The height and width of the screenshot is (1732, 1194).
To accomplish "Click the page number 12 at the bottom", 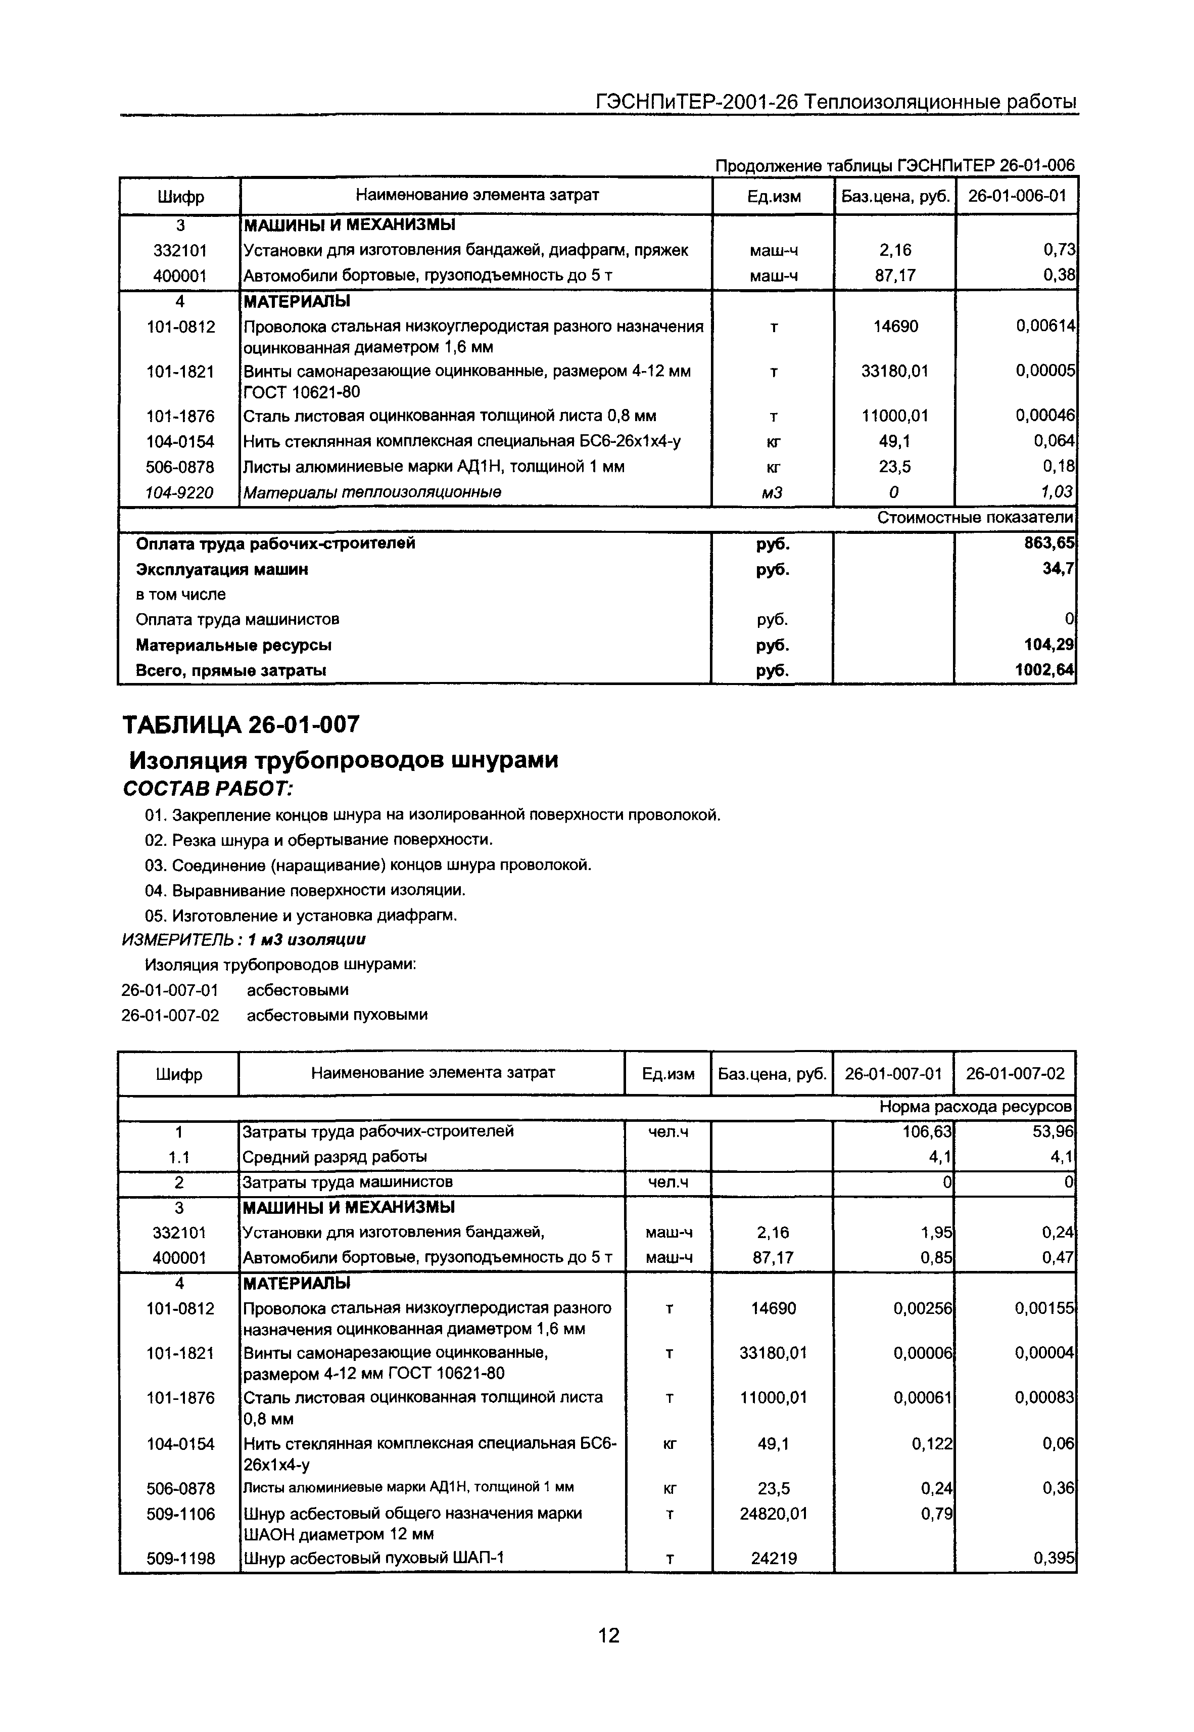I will pyautogui.click(x=609, y=1635).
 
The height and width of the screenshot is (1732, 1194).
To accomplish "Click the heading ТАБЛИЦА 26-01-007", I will pyautogui.click(x=241, y=724).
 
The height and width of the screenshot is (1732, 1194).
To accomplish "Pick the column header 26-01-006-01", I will pyautogui.click(x=1017, y=196).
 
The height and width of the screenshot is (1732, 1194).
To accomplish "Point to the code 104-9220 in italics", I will pyautogui.click(x=179, y=492).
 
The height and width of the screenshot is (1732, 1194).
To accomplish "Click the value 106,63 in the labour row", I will pyautogui.click(x=927, y=1131).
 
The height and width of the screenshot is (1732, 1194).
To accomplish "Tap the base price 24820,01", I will pyautogui.click(x=774, y=1514).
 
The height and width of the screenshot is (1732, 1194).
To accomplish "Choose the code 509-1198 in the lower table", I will pyautogui.click(x=180, y=1559).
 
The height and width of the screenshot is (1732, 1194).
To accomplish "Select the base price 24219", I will pyautogui.click(x=774, y=1559).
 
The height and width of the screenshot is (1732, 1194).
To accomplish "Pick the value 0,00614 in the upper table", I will pyautogui.click(x=1045, y=327).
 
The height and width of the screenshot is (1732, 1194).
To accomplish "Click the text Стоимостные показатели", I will pyautogui.click(x=975, y=518).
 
